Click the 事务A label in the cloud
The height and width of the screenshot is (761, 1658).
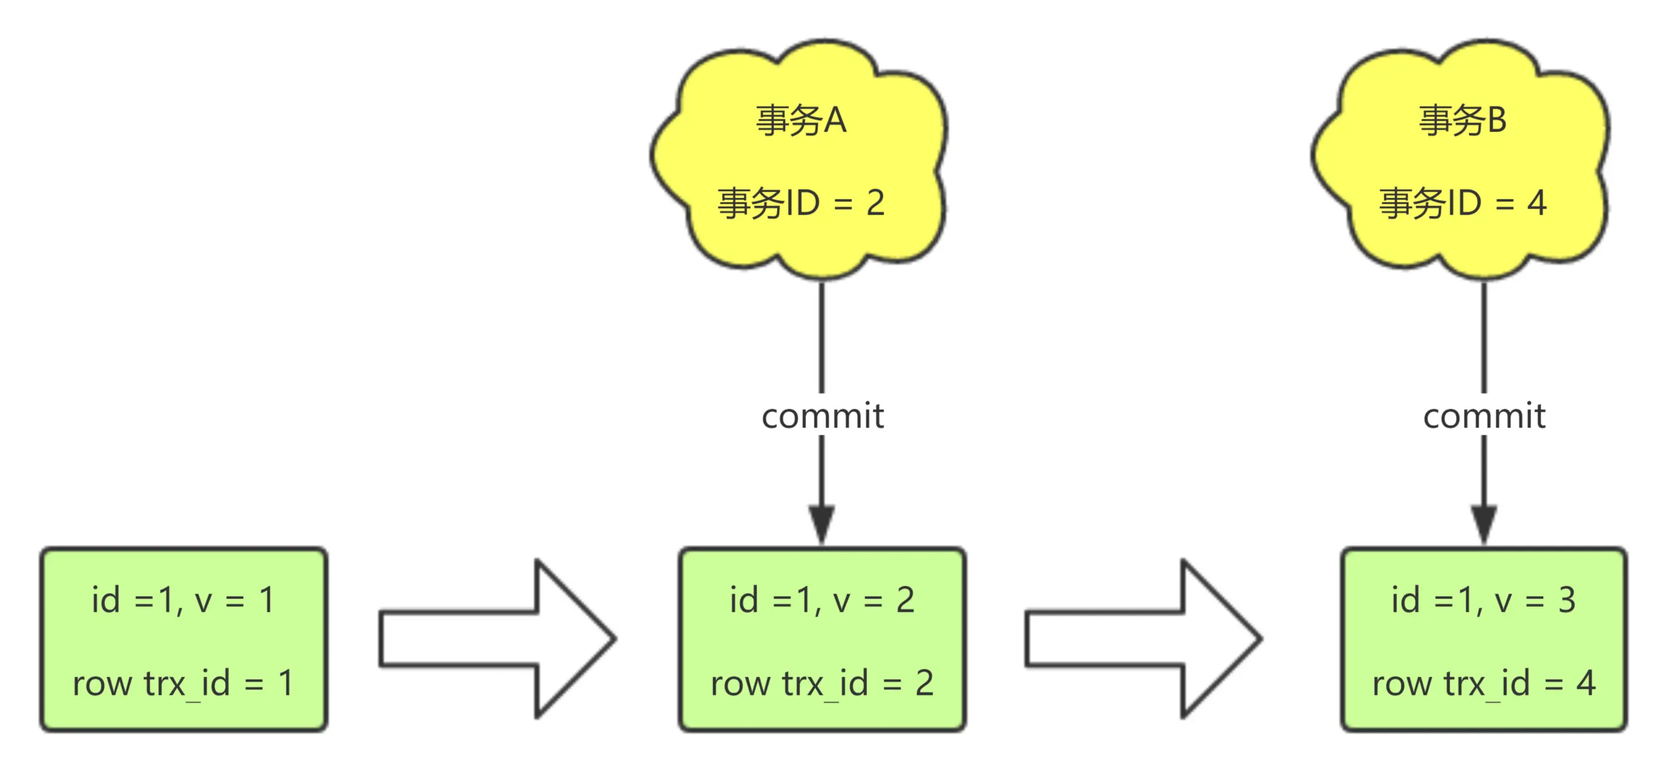[x=800, y=120]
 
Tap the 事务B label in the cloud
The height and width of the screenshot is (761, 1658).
[x=1463, y=120]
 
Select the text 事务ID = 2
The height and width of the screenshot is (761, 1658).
[x=800, y=203]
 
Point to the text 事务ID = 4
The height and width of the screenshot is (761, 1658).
[x=1463, y=203]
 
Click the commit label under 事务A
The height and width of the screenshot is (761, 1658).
[x=822, y=415]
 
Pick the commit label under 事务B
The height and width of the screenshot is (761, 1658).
[x=1484, y=415]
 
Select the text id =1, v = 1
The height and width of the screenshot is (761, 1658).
[x=183, y=600]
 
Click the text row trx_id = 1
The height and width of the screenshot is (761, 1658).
[x=183, y=683]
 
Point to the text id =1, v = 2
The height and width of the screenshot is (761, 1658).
[x=822, y=600]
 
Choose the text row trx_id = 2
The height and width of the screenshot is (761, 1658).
[x=822, y=683]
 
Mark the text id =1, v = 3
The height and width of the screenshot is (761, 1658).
[x=1484, y=600]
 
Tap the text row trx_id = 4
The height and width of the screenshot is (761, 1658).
[x=1484, y=683]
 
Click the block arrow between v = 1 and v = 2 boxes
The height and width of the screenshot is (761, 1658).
[x=498, y=639]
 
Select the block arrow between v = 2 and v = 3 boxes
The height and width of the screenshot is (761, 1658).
[x=1144, y=639]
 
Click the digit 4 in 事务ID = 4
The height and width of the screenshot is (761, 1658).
[x=1537, y=203]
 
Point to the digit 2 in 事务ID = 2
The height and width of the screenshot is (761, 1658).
[x=875, y=203]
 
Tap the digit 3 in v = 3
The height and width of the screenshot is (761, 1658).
[x=1567, y=600]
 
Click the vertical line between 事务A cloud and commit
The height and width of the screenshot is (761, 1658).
[x=822, y=338]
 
